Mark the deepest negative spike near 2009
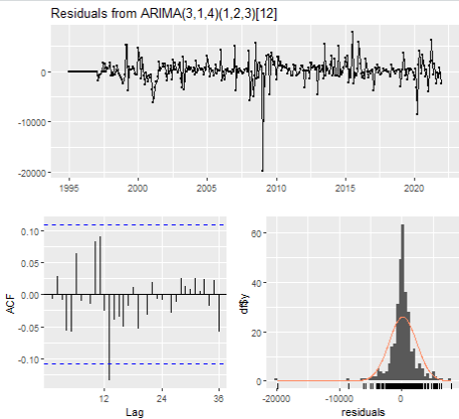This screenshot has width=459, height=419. coord(262,169)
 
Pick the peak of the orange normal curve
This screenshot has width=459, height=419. coord(400,319)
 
